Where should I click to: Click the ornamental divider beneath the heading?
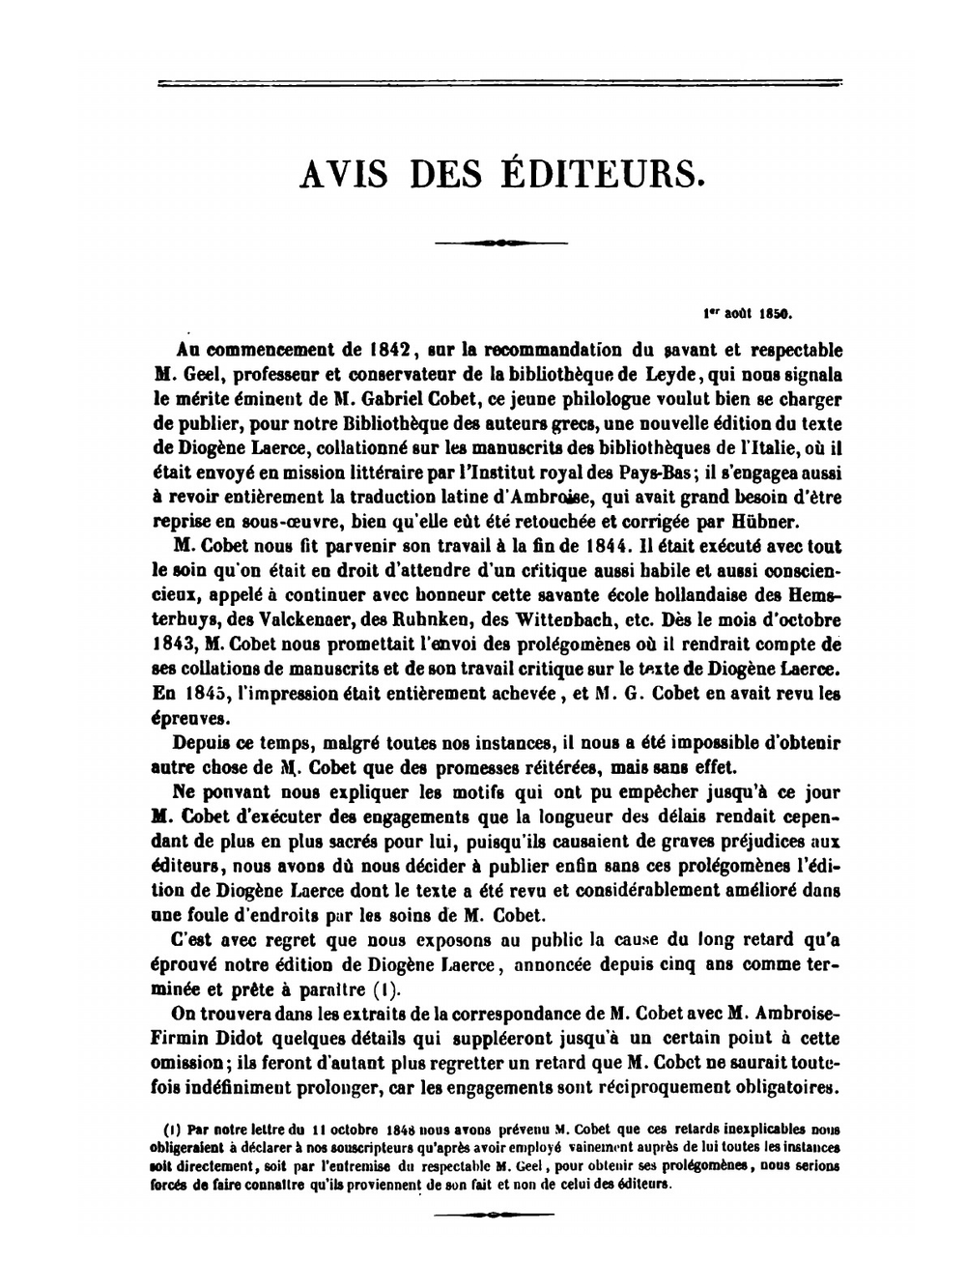tap(500, 243)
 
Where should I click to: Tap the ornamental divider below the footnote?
tap(494, 1214)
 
